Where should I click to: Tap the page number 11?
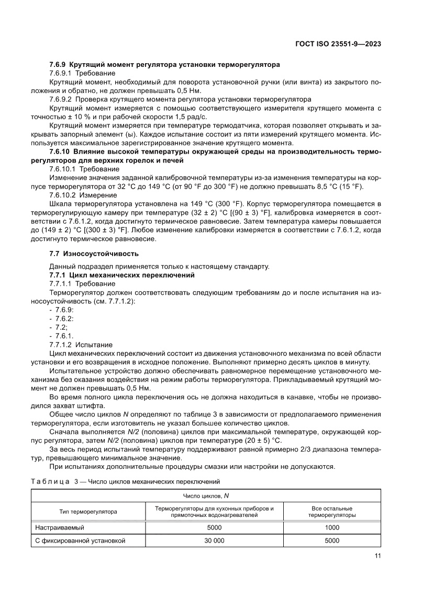point(377,556)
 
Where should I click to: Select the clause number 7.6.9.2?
point(63,99)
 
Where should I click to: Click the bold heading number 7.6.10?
point(60,152)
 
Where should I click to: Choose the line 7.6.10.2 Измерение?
point(83,195)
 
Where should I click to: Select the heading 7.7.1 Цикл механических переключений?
point(121,275)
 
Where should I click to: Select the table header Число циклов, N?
point(206,495)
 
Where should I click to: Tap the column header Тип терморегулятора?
point(88,511)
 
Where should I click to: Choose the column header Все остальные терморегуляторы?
point(332,511)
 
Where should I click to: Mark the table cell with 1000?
point(332,528)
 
